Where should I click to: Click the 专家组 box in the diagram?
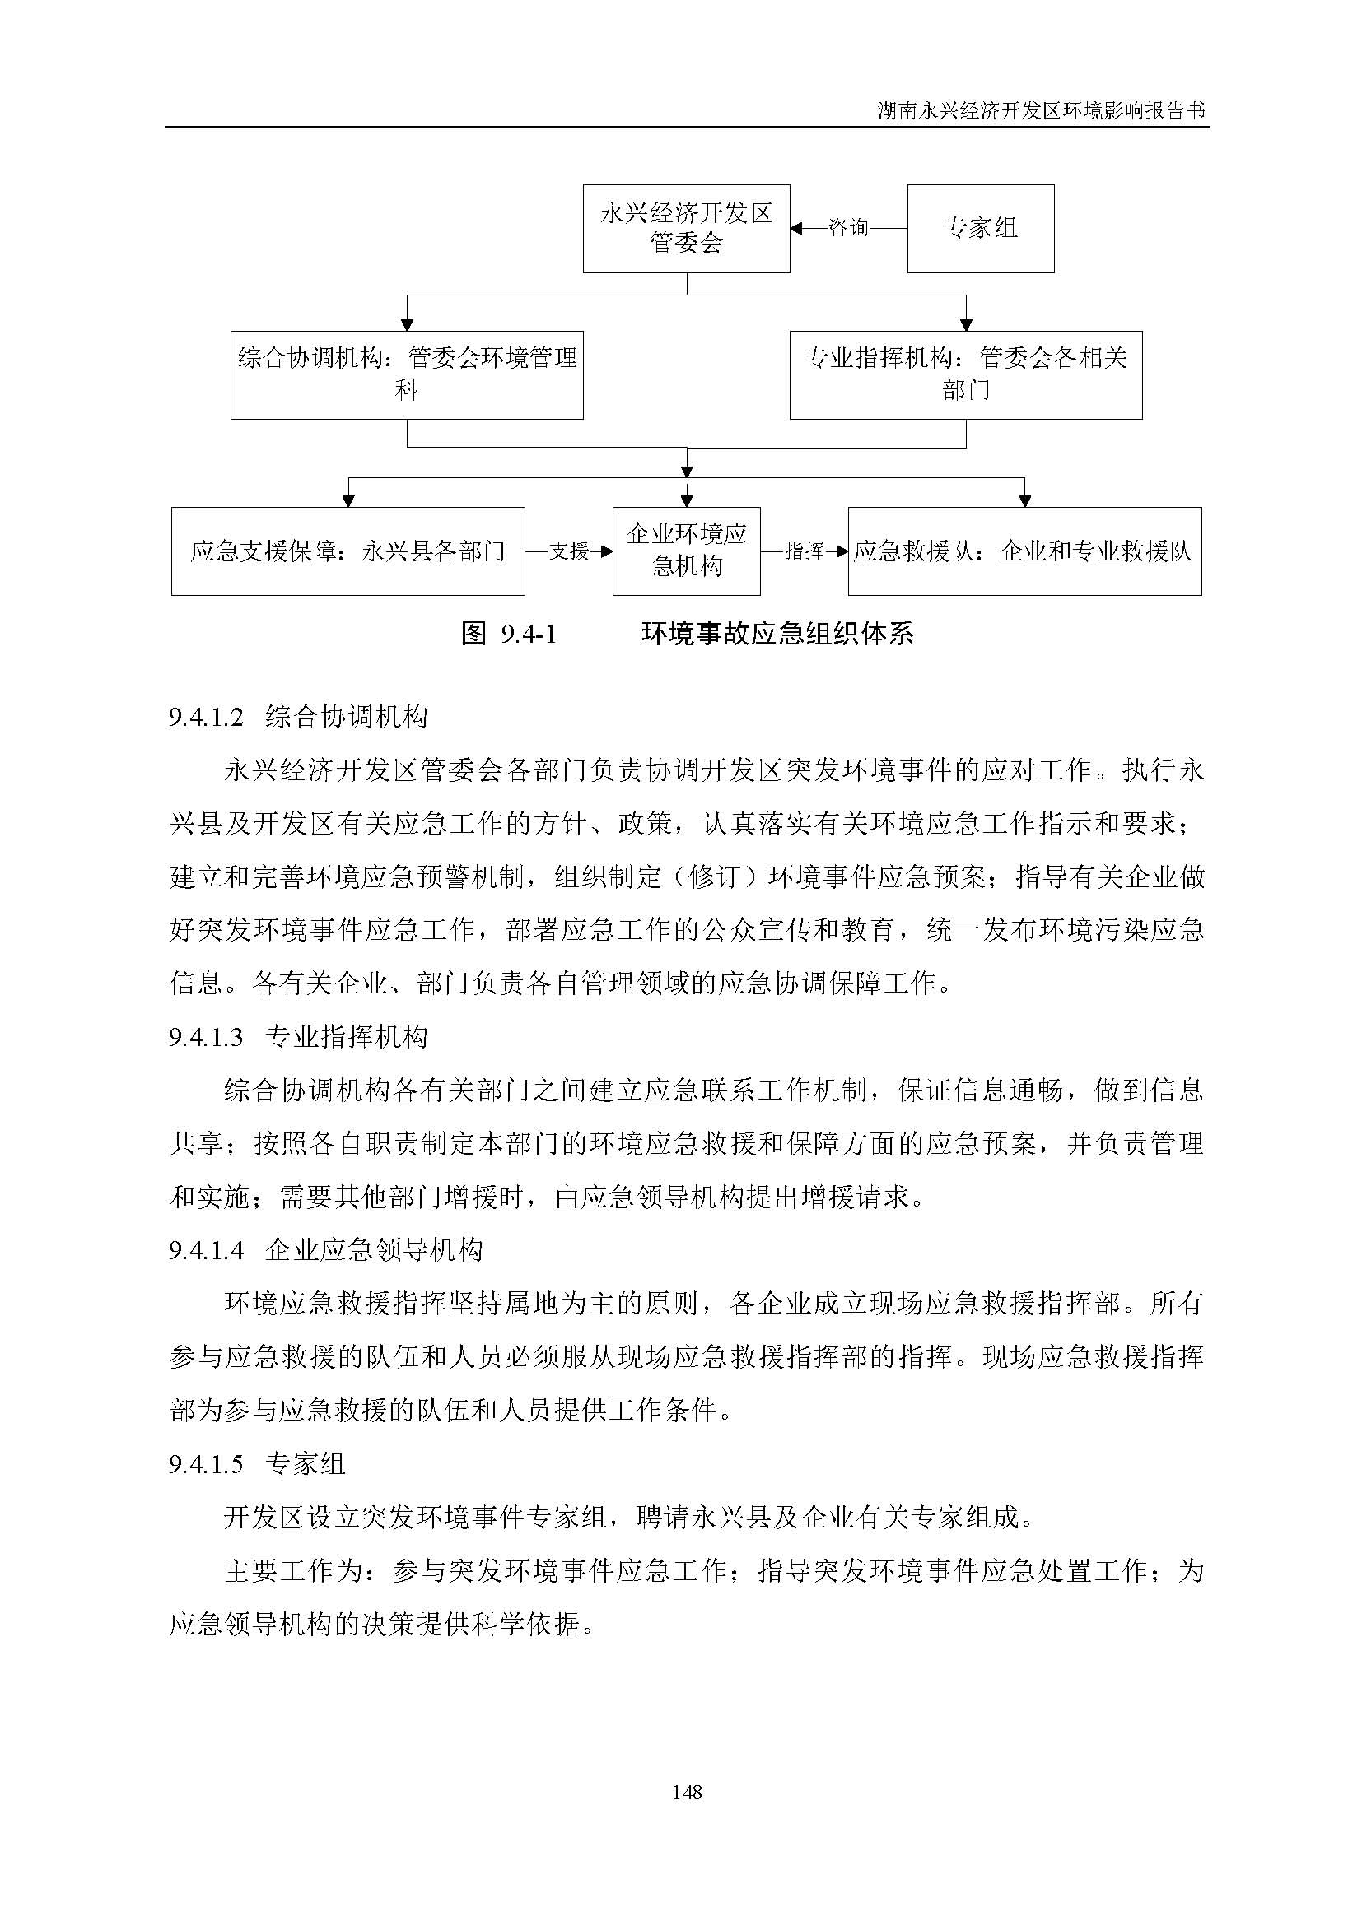(981, 228)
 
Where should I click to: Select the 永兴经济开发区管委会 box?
(686, 228)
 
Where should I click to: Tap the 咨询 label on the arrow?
(848, 227)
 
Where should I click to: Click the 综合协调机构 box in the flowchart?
(407, 374)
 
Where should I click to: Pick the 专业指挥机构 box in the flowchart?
(965, 374)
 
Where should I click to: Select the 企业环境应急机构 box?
(686, 551)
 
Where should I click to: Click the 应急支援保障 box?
(348, 551)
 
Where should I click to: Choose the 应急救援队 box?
(1024, 551)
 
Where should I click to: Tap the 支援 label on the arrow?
(569, 551)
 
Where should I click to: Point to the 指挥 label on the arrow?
(804, 551)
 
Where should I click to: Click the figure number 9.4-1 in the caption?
(529, 634)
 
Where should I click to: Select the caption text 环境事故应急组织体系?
(777, 634)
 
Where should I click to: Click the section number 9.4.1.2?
(206, 718)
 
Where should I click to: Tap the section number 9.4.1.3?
(206, 1038)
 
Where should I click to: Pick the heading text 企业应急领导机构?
(374, 1251)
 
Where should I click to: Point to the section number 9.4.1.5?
(206, 1465)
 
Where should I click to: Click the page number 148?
(687, 1792)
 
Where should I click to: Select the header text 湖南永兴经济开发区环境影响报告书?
(1041, 110)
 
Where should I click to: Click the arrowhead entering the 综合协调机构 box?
(407, 325)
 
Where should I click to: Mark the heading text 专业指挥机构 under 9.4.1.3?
(347, 1038)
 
